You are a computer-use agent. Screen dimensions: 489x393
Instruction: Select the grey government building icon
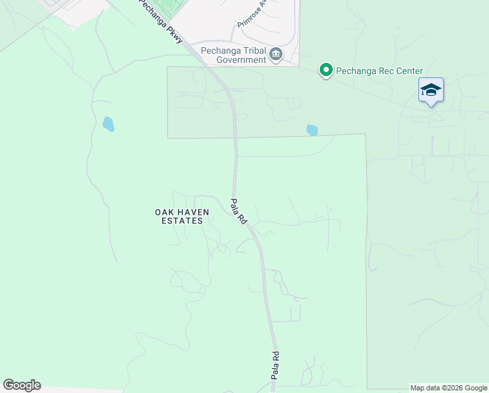click(x=276, y=54)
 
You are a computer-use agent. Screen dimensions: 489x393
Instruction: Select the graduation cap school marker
click(x=431, y=90)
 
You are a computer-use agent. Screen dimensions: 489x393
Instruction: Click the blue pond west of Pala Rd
click(x=109, y=123)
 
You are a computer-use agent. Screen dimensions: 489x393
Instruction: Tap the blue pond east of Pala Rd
click(x=312, y=130)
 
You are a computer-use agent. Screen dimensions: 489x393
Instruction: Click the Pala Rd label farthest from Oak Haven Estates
click(x=276, y=364)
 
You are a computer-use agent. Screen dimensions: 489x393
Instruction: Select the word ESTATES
click(x=182, y=221)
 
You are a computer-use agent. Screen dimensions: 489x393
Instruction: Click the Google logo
click(x=22, y=385)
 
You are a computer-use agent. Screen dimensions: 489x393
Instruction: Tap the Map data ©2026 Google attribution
click(x=448, y=388)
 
